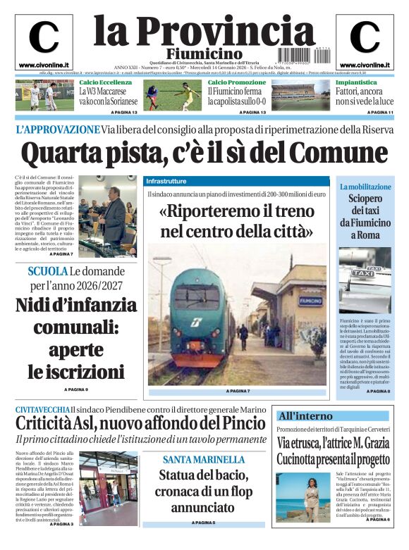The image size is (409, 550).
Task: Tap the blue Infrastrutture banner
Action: [x=166, y=181]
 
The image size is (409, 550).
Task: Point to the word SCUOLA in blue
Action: [x=48, y=272]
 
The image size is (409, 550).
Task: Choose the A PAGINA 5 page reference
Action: [x=203, y=523]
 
